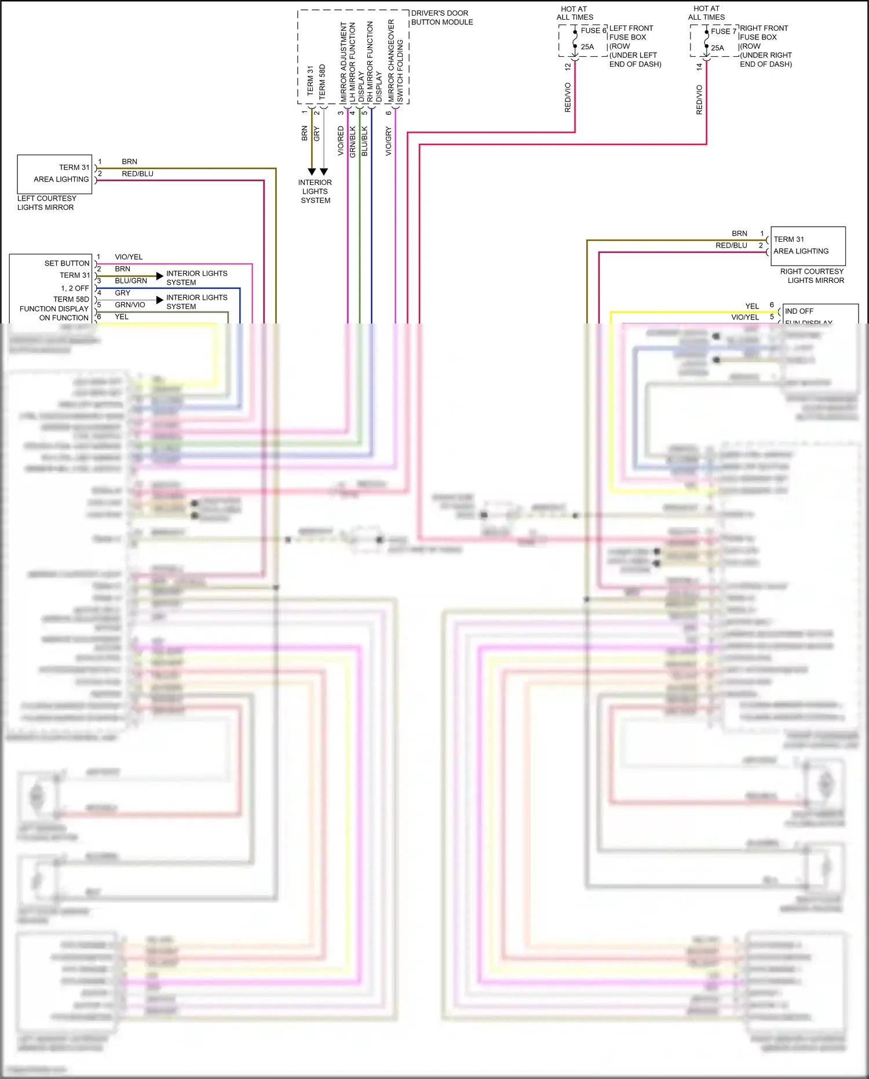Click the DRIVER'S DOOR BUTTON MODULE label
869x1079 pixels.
point(441,17)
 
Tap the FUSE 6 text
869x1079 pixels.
point(593,30)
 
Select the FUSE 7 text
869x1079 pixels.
point(724,31)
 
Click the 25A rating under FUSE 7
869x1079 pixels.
point(717,48)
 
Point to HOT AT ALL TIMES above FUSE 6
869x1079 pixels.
point(574,13)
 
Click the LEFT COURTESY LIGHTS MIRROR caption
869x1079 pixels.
point(46,202)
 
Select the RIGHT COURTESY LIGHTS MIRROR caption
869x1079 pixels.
point(812,275)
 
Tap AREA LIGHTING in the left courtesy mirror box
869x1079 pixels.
point(61,179)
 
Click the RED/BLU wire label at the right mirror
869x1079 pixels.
point(731,245)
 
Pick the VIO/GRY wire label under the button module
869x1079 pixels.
point(389,141)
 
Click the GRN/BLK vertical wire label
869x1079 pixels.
point(352,141)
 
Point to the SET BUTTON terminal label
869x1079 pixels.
point(67,263)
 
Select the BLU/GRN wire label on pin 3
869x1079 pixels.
point(131,281)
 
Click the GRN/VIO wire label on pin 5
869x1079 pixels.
point(130,304)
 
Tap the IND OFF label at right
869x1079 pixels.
point(799,311)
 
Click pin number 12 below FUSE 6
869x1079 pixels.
point(568,67)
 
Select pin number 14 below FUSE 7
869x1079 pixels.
point(699,67)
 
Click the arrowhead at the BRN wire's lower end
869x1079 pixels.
point(312,172)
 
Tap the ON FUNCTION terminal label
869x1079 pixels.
point(64,318)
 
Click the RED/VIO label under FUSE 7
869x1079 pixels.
point(699,99)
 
